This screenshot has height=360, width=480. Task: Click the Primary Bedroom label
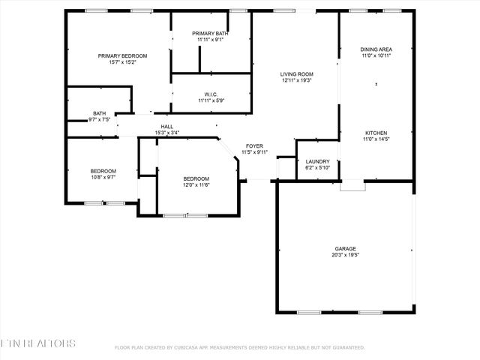122,56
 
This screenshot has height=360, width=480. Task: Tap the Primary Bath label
210,34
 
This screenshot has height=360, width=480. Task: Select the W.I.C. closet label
211,94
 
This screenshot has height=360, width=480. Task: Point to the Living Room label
296,74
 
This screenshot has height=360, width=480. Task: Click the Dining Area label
376,49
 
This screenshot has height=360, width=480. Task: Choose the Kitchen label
376,133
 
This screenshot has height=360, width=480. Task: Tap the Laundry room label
318,161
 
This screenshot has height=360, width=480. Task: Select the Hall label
166,127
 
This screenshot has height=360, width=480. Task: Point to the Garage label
345,248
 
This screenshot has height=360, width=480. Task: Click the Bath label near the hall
99,114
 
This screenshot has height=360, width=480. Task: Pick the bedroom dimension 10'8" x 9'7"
103,178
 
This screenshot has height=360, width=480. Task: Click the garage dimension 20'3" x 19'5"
345,255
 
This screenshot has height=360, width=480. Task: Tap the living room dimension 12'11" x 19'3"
296,81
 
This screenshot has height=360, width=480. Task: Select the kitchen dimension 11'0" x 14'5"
376,139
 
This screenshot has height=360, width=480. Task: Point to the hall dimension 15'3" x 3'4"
166,133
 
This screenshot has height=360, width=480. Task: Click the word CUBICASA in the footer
188,348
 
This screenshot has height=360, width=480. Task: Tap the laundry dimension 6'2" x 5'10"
318,168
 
